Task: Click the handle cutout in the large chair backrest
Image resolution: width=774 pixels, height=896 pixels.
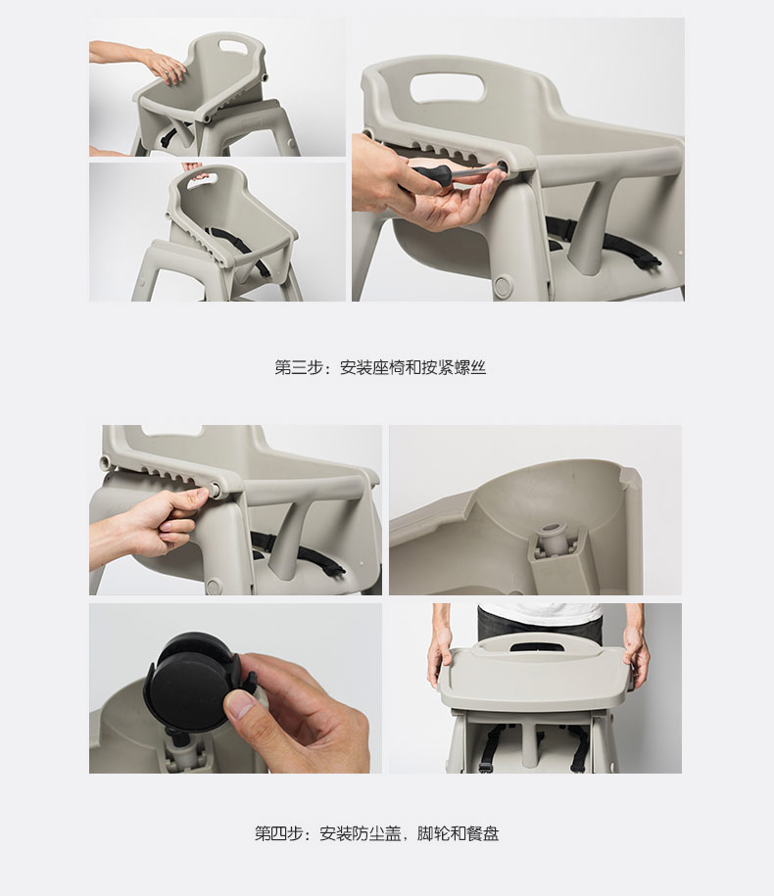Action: pos(448,87)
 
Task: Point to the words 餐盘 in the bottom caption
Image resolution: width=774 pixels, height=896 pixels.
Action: pos(482,833)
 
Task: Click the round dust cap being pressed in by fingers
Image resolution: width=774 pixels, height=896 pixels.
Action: pos(218,489)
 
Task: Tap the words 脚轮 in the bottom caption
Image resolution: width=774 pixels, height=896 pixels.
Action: pos(433,833)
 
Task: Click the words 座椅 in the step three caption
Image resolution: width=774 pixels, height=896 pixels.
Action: pos(389,367)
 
